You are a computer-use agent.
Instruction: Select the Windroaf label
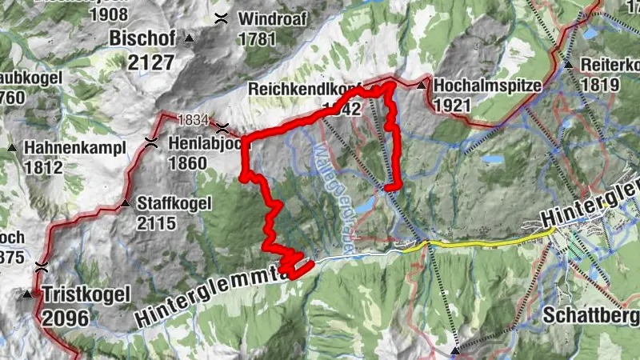(x=267, y=18)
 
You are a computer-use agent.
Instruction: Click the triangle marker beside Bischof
(x=190, y=38)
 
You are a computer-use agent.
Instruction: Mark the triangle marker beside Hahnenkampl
(x=12, y=148)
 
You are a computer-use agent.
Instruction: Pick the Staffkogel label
(x=174, y=203)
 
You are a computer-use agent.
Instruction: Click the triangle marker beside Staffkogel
(x=124, y=203)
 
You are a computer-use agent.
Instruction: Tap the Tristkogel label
(x=86, y=294)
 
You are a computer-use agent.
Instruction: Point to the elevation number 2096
(x=66, y=318)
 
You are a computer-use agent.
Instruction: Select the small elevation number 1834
(x=193, y=119)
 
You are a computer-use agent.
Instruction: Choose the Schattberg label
(x=590, y=315)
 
